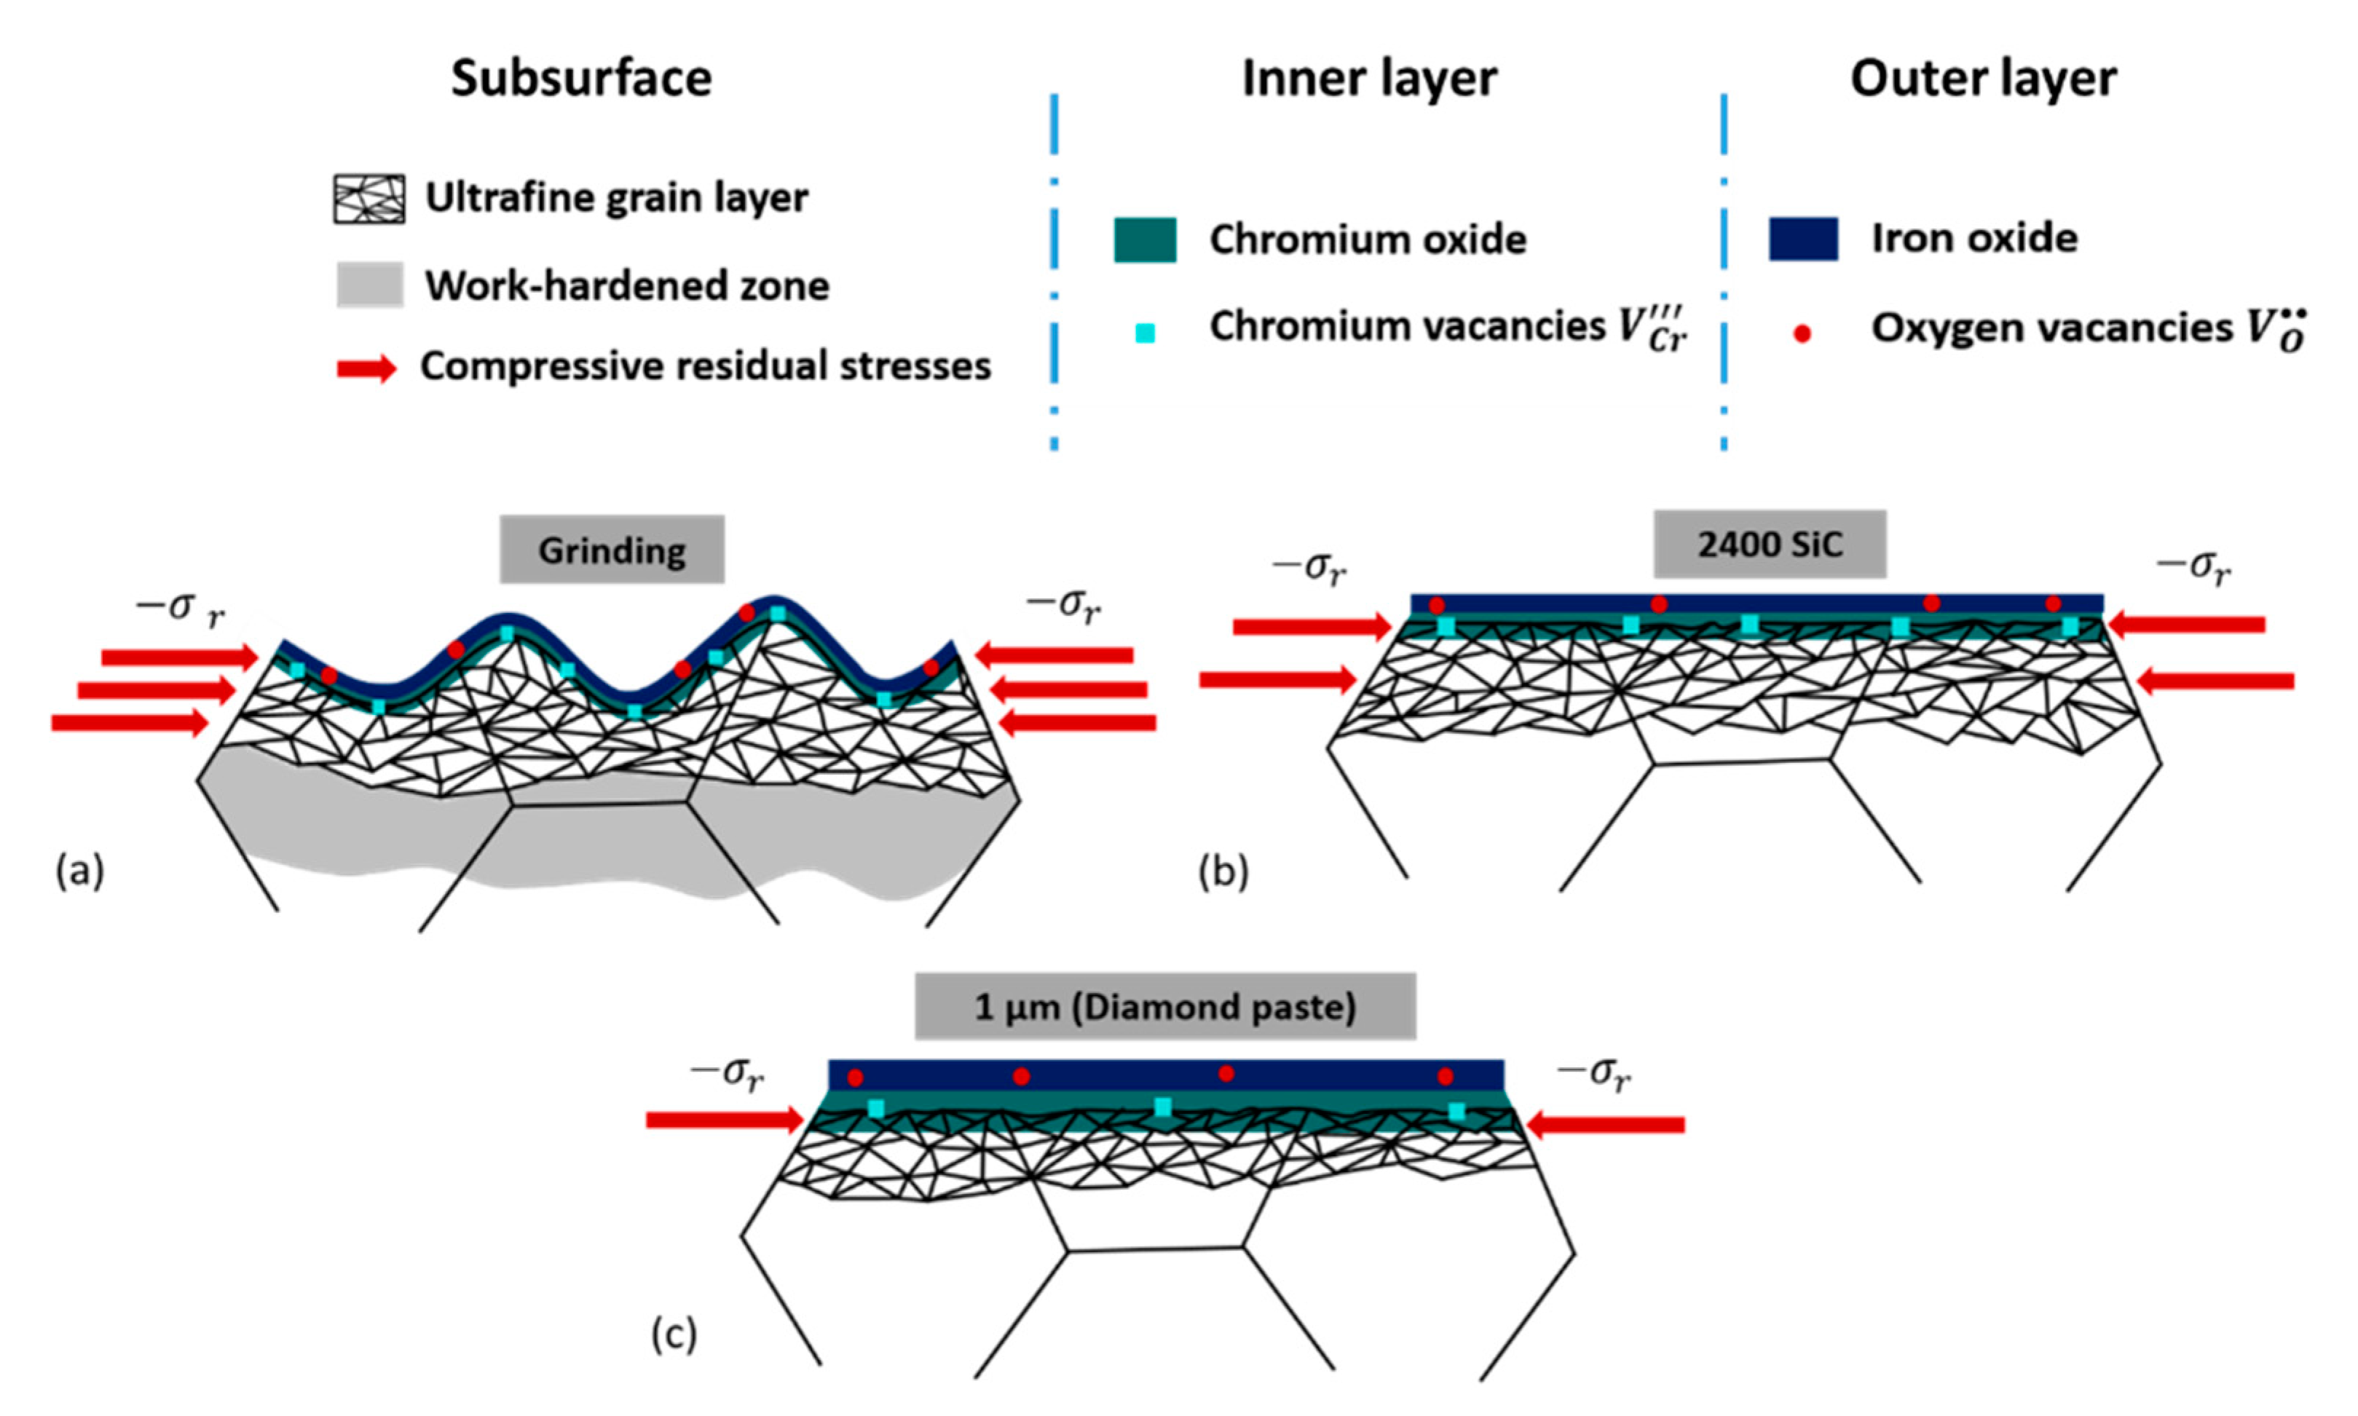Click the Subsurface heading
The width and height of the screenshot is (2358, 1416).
click(x=581, y=78)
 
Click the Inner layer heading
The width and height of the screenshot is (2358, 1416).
click(x=1368, y=78)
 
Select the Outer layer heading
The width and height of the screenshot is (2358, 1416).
click(x=1983, y=78)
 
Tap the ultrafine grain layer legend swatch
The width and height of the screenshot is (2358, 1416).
click(x=368, y=199)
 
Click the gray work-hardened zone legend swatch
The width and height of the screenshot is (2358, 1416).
click(x=369, y=285)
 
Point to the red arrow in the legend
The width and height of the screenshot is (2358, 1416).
click(x=366, y=368)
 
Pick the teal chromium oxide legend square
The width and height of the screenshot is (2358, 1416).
click(x=1144, y=240)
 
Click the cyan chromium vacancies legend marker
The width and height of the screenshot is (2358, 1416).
click(x=1144, y=333)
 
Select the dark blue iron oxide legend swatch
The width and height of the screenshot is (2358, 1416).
click(x=1802, y=239)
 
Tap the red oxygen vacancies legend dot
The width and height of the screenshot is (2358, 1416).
click(x=1802, y=333)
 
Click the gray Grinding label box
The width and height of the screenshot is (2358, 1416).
click(x=612, y=550)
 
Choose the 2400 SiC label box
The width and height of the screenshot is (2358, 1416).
click(x=1769, y=544)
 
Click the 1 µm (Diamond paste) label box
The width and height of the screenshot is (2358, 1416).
click(x=1164, y=1007)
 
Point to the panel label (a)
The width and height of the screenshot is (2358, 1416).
click(x=79, y=871)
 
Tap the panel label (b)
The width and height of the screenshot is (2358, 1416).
click(x=1223, y=871)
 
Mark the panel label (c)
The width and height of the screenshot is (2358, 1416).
click(x=674, y=1333)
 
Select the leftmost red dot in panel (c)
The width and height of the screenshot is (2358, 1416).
click(x=855, y=1077)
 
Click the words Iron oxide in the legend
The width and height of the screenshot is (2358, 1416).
click(x=1973, y=239)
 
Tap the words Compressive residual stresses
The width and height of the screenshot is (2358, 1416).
click(x=705, y=366)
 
